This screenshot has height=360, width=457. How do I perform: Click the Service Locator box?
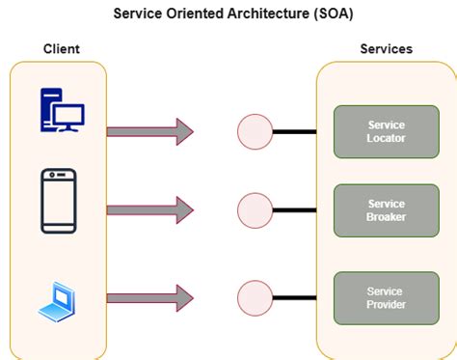pyautogui.click(x=386, y=131)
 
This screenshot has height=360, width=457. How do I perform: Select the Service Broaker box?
pyautogui.click(x=386, y=210)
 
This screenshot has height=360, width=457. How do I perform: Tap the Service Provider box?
pyautogui.click(x=386, y=297)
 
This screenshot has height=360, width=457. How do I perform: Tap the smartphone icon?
pyautogui.click(x=58, y=201)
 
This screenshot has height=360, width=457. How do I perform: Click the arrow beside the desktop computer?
pyautogui.click(x=149, y=131)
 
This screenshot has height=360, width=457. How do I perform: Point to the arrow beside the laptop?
pyautogui.click(x=149, y=297)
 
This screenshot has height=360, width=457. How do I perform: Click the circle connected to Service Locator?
pyautogui.click(x=255, y=131)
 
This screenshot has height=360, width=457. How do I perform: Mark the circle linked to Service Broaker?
pyautogui.click(x=255, y=210)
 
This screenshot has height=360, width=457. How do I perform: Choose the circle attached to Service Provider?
pyautogui.click(x=255, y=297)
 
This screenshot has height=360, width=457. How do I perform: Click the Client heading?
pyautogui.click(x=62, y=48)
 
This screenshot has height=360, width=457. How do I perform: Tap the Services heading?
pyautogui.click(x=386, y=48)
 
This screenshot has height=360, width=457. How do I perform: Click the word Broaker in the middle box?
pyautogui.click(x=387, y=217)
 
